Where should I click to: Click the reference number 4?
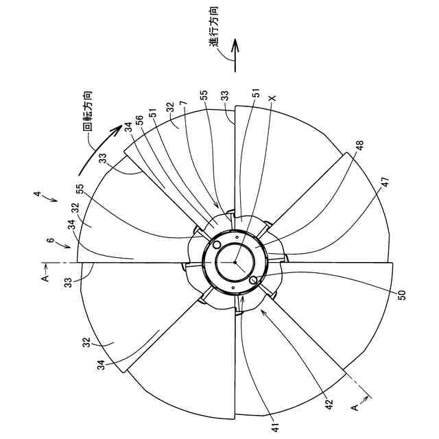click(x=37, y=193)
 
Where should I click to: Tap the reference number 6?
click(x=49, y=241)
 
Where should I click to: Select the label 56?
click(x=139, y=121)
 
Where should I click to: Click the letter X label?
click(x=272, y=98)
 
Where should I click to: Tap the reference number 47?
click(x=385, y=182)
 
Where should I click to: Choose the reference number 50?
click(x=401, y=295)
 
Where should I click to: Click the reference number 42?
click(x=329, y=404)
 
